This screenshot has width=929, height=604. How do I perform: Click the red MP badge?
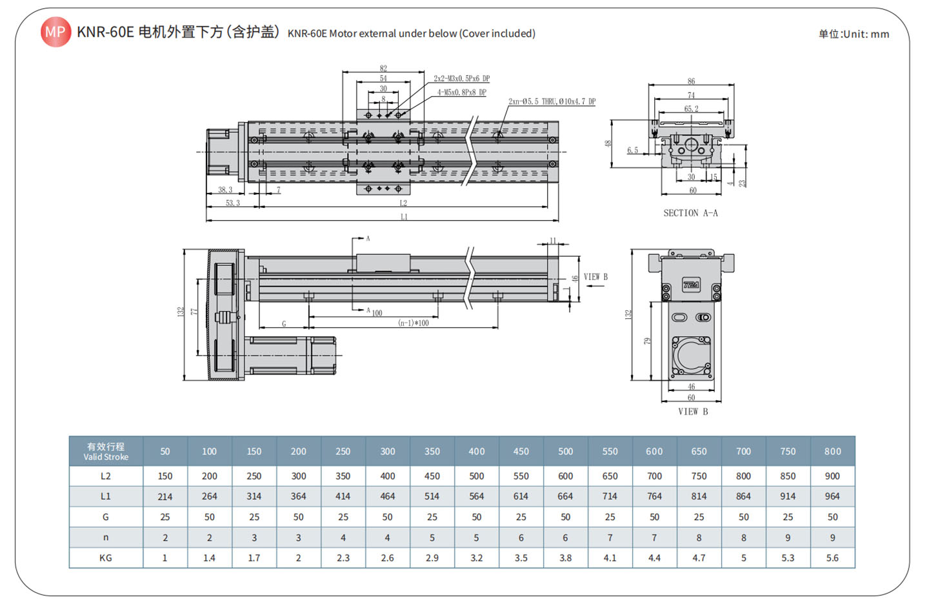tap(55, 32)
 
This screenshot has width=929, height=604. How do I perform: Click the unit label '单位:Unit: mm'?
tap(854, 34)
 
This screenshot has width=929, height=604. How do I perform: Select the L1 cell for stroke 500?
tap(565, 496)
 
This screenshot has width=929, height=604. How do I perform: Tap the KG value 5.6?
tap(832, 558)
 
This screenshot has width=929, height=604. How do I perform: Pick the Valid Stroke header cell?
tap(106, 451)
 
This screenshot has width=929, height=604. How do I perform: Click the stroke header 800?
tap(832, 451)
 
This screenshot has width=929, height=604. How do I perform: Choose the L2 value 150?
tap(165, 476)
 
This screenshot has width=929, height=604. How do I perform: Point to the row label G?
tap(106, 517)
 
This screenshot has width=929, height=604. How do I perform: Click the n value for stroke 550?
tap(610, 538)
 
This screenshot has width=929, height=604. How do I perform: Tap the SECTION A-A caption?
tap(690, 213)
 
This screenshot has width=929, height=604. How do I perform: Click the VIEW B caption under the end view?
tap(693, 412)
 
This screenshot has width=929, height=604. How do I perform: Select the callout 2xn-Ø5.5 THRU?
tap(552, 101)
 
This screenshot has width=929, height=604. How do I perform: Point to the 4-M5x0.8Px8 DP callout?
tap(462, 92)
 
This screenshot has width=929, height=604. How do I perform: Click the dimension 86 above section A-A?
tap(691, 81)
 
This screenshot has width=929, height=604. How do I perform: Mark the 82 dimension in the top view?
tap(383, 68)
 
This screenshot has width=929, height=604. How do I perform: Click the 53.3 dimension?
tap(232, 203)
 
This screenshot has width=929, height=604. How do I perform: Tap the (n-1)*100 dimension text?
tap(414, 323)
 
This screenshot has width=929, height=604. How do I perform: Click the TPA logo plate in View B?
tap(691, 285)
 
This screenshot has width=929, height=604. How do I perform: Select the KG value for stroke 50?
tap(165, 558)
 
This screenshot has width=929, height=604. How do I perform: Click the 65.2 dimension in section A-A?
tap(691, 108)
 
